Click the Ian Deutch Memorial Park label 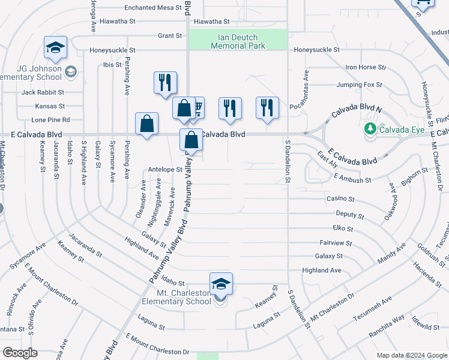tap(238, 41)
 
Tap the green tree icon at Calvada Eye tap(370, 128)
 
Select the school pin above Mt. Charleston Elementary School tap(221, 284)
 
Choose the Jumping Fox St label tap(359, 85)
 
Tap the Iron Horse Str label tap(366, 67)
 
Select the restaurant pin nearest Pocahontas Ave tap(267, 108)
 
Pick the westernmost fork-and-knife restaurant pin tap(165, 83)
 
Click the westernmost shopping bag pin tap(146, 124)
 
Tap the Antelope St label tap(164, 170)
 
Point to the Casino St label tap(340, 199)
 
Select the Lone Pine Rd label tap(53, 120)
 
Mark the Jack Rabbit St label tap(43, 92)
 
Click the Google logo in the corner tap(20, 353)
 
